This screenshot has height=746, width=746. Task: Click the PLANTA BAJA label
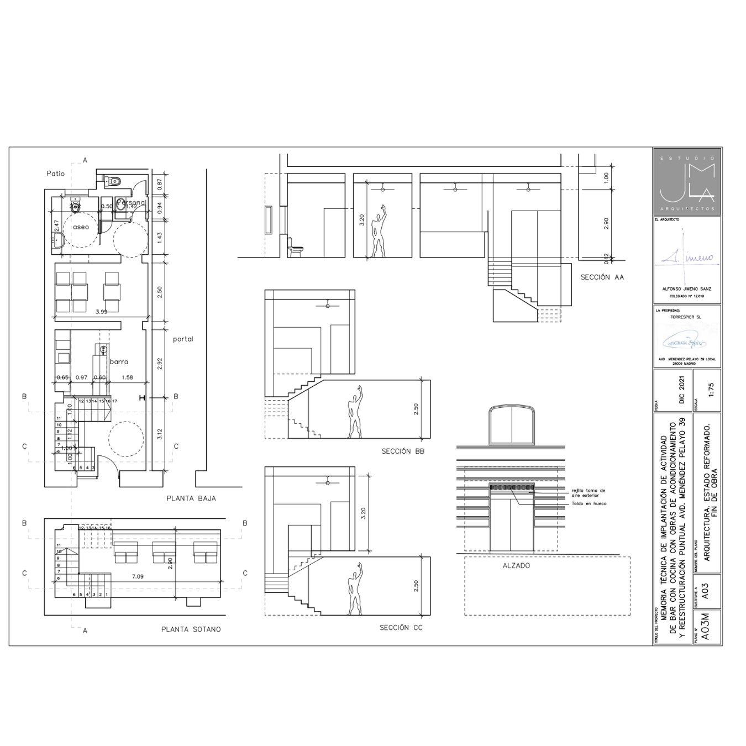(191, 498)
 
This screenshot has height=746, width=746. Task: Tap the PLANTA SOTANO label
(191, 629)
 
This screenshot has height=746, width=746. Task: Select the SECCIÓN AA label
(602, 277)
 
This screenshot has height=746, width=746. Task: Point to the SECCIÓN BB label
(403, 451)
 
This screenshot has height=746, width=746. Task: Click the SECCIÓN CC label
(401, 628)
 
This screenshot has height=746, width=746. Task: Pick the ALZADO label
(516, 566)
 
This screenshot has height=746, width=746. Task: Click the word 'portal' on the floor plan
(183, 339)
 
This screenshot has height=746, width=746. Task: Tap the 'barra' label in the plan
(119, 362)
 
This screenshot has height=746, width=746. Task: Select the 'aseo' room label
(81, 227)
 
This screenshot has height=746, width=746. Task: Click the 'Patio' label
(56, 174)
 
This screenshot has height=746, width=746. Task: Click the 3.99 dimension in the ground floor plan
(101, 312)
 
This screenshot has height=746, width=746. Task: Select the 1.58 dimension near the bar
(127, 377)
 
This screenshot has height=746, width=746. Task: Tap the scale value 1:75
(711, 390)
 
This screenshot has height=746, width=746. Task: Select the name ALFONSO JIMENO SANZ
(686, 289)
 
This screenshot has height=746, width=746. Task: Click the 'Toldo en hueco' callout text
(588, 503)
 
